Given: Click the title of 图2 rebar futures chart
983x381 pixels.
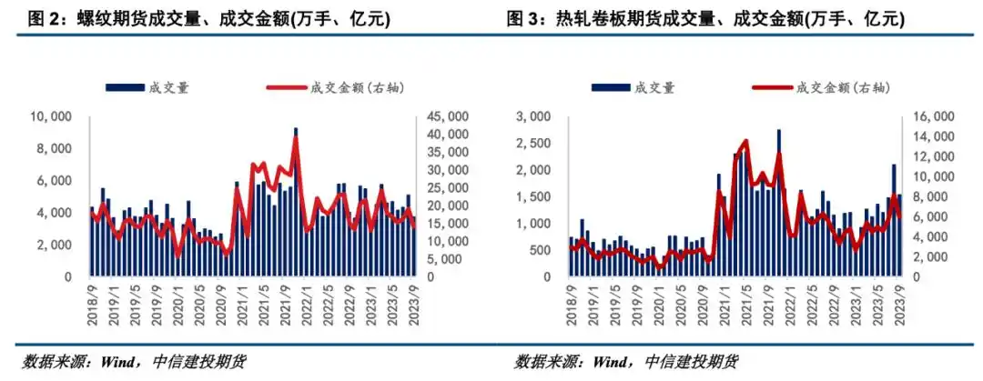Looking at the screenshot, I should pos(234,19).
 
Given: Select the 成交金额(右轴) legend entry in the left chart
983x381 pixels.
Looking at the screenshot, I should pos(336,87).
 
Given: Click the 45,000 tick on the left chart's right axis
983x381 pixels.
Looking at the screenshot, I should pos(447,116).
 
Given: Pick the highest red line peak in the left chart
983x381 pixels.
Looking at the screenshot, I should pos(295,138).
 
